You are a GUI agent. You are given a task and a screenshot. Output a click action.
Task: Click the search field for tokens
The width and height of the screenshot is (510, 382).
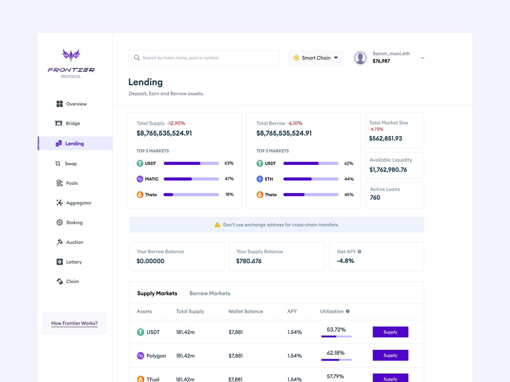[x=204, y=58]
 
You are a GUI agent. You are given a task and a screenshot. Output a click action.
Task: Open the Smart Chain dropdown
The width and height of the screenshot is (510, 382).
[x=316, y=58]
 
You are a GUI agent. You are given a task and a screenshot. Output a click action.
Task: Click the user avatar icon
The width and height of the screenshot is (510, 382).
[x=361, y=58]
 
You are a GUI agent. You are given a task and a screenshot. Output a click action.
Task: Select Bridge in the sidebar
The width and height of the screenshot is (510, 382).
[x=73, y=123]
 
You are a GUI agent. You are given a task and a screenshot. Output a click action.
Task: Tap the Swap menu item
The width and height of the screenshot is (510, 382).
[x=71, y=164]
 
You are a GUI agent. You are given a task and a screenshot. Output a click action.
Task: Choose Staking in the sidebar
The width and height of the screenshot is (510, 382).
[x=74, y=223]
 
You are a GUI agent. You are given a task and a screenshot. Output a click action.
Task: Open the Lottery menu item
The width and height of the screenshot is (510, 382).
[x=74, y=262]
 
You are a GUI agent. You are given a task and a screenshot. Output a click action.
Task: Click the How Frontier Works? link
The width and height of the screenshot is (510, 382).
[x=74, y=323]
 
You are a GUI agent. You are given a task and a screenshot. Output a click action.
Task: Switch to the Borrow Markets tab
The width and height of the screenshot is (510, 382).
[x=210, y=293]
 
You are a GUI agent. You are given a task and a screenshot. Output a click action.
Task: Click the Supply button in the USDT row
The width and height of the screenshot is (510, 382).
[x=390, y=332]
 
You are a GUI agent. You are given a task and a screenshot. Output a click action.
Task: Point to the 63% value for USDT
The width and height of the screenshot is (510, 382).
[x=229, y=163]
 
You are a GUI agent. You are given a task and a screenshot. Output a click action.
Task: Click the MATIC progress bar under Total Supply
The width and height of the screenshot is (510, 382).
[x=191, y=179]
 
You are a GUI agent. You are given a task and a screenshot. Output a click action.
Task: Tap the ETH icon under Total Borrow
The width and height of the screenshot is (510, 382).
[x=260, y=179]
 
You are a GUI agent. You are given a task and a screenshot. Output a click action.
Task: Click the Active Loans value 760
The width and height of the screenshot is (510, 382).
[x=375, y=197]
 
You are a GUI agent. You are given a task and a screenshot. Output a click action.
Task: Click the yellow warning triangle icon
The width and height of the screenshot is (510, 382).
[x=217, y=225]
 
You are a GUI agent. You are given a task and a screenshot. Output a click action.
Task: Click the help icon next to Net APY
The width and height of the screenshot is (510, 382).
[x=360, y=251]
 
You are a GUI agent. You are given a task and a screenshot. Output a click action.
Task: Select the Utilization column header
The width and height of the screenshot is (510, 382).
[x=332, y=311]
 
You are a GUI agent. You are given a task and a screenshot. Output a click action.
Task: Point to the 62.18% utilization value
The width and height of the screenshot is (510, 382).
[x=336, y=353]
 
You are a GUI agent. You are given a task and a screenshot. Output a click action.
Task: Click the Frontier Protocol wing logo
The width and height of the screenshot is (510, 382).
[x=71, y=55]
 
